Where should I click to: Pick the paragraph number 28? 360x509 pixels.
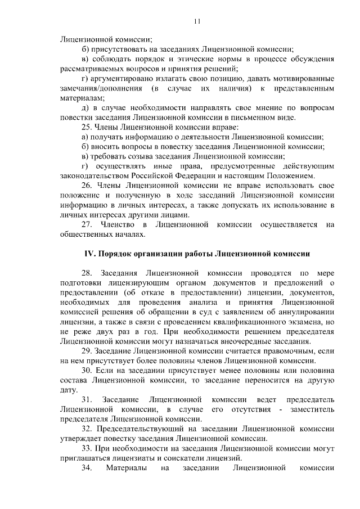[88, 272]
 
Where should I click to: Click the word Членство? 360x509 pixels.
[116, 225]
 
